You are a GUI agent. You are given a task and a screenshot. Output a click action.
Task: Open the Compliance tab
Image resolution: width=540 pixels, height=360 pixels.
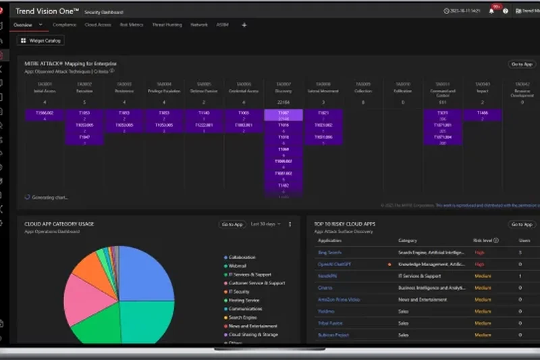64,25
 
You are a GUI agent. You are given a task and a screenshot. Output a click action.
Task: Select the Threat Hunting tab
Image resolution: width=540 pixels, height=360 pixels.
167,25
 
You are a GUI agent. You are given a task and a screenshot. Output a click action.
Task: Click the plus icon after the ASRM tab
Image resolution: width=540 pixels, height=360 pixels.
244,25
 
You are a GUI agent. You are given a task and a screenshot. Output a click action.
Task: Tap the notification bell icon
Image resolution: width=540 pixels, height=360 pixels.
491,11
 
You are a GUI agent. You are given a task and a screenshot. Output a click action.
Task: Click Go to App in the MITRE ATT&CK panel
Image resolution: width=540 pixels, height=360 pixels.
522,64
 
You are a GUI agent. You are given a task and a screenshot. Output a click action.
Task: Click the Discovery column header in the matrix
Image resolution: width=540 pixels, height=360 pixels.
284,91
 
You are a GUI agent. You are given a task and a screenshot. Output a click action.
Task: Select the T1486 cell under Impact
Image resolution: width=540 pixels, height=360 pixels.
481,113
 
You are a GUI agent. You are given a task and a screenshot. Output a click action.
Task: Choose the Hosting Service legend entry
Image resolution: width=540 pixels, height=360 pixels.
244,301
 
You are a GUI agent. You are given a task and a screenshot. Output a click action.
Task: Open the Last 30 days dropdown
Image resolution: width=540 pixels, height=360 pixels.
265,224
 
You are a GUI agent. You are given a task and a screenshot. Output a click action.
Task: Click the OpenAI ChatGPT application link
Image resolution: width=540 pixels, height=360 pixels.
334,264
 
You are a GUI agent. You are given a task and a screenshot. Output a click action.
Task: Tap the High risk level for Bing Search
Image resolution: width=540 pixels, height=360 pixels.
479,252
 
